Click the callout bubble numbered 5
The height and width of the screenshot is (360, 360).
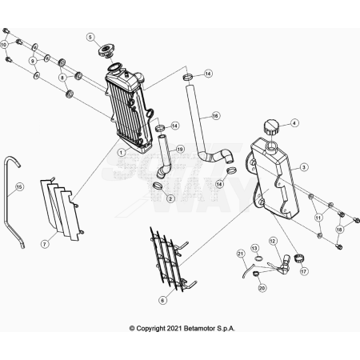click(x=90, y=37)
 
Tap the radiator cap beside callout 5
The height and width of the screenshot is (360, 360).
click(x=106, y=50)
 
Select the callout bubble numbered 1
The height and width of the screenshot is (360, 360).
click(x=122, y=153)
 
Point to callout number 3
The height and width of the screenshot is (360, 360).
click(x=304, y=167)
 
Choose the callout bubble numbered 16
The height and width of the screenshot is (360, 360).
click(x=215, y=116)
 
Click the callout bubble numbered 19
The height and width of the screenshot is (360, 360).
click(x=180, y=150)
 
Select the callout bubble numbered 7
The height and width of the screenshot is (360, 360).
click(x=45, y=244)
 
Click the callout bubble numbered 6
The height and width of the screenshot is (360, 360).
click(x=162, y=300)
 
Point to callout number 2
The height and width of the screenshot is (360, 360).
click(x=170, y=198)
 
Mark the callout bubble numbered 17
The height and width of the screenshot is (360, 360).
click(x=304, y=271)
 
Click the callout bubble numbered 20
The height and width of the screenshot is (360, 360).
click(x=262, y=288)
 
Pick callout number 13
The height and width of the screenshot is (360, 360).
click(x=255, y=248)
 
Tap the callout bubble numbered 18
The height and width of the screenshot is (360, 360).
click(x=339, y=230)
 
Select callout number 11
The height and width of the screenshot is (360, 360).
click(x=318, y=218)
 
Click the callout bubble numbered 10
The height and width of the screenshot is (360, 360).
click(x=4, y=45)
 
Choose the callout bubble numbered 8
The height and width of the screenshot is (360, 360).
click(x=62, y=78)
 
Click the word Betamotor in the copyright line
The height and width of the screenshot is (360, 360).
click(x=199, y=328)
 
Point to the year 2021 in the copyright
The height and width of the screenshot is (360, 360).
click(x=174, y=328)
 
